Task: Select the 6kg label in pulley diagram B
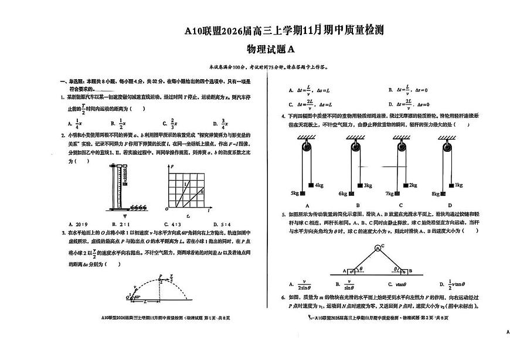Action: point(343,193)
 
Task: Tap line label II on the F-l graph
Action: point(202,192)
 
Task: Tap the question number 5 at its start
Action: point(283,215)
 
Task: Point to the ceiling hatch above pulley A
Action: point(304,138)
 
